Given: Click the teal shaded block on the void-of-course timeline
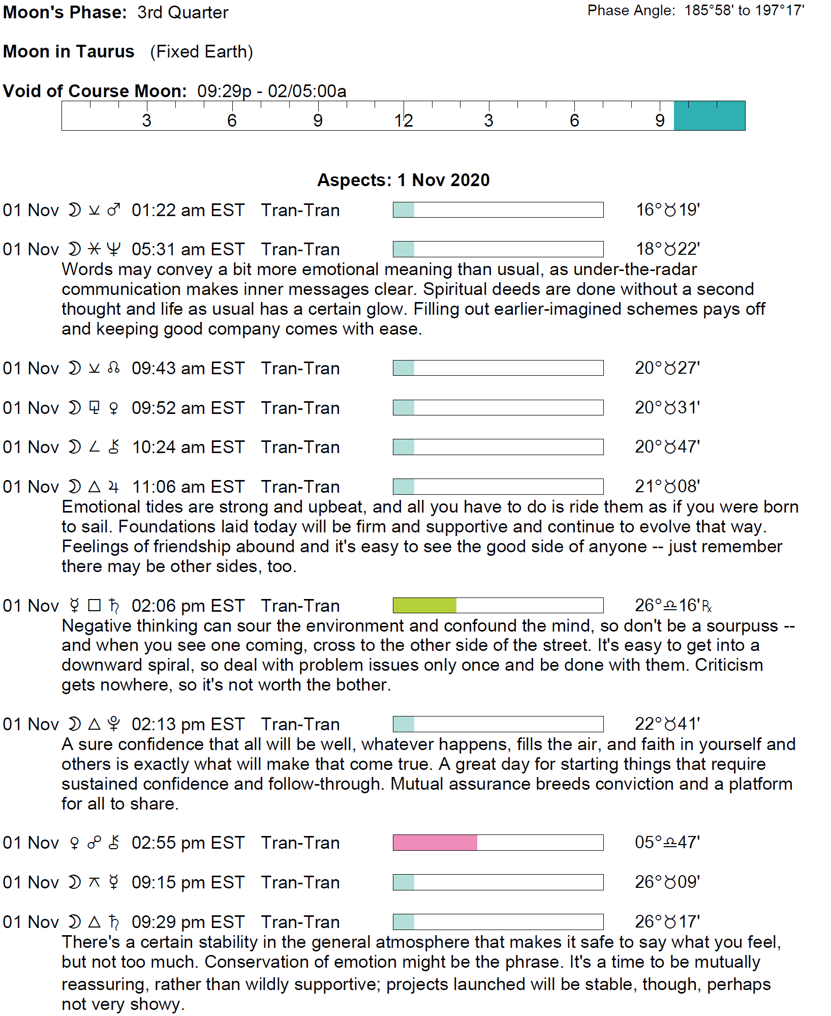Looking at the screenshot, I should point(709,116).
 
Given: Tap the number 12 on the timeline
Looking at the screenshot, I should point(404,121).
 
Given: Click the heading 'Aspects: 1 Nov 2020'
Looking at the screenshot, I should point(404,180).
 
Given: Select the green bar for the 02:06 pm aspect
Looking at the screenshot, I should point(424,605).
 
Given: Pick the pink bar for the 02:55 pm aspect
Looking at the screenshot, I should point(435,843).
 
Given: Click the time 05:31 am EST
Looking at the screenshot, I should point(188,249).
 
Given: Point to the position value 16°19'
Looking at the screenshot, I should point(668,210).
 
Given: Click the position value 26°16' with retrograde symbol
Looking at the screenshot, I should point(673,605).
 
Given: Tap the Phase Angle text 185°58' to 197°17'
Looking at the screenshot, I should point(744,11).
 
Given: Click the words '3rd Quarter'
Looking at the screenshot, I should point(182,12).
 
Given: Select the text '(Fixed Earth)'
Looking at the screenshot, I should point(201,51).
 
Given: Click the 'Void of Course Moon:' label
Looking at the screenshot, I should point(95,91).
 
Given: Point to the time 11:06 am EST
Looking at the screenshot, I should point(188,487).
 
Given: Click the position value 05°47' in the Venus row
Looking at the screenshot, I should point(667,842).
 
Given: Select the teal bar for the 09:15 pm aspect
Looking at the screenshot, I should point(404,882).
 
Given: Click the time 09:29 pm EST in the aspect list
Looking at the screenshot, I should point(188,922).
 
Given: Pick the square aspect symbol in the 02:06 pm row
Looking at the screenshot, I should point(94,605).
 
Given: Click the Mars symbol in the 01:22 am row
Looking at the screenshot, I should point(114,210).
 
